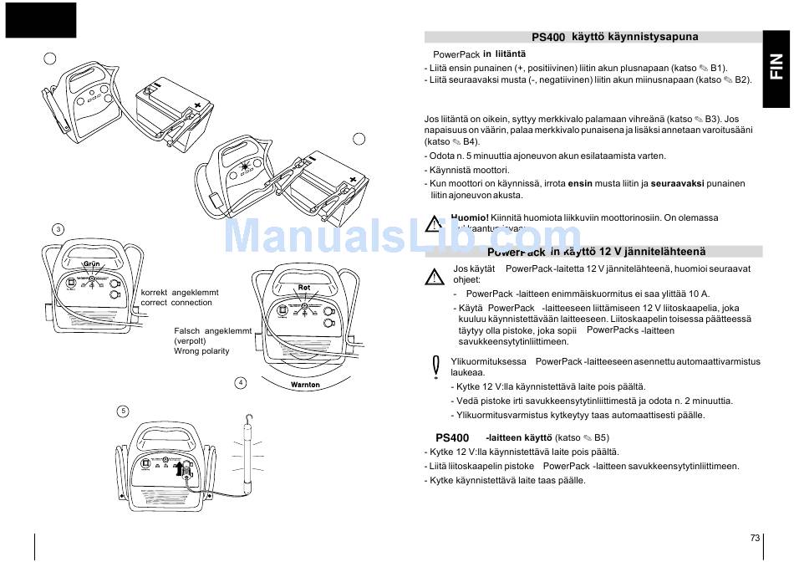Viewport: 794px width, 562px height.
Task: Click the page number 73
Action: coord(755,538)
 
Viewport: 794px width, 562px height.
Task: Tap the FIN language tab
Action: coord(777,67)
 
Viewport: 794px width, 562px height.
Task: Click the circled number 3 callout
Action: coord(57,229)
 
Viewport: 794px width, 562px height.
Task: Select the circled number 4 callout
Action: coord(241,382)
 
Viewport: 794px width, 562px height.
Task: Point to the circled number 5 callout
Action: coord(123,411)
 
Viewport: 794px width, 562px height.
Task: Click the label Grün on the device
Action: coord(92,264)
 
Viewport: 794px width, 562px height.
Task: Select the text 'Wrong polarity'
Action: coord(201,351)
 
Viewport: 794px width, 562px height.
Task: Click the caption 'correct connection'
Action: coord(176,303)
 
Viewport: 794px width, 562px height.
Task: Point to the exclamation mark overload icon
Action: coord(435,365)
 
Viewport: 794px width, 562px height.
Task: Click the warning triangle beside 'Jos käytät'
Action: coord(434,277)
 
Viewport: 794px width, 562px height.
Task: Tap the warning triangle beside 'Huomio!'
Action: coord(434,223)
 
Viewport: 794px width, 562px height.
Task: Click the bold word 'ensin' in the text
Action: coord(580,183)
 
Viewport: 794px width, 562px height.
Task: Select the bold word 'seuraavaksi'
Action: coord(678,183)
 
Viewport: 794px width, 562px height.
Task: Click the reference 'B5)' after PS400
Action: coord(601,437)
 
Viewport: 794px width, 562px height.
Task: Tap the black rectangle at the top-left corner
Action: coord(40,20)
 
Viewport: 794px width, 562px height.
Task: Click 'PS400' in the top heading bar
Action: coord(548,38)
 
